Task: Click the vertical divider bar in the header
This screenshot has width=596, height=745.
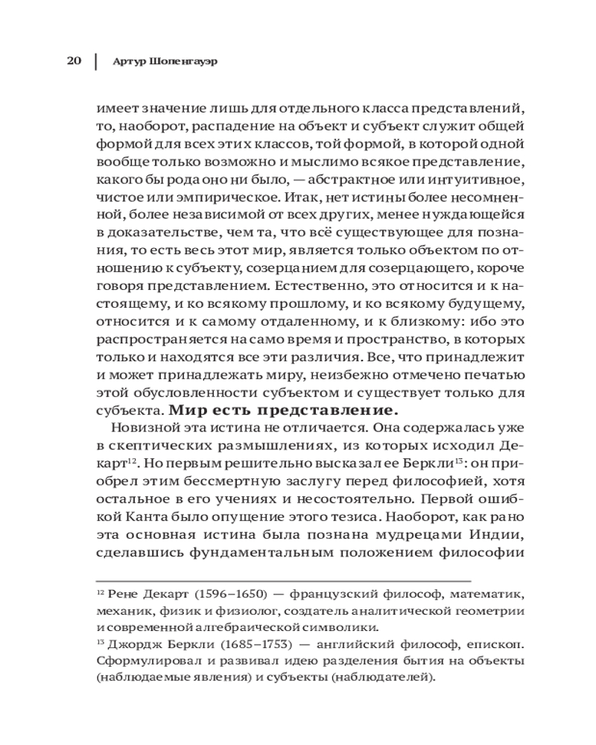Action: tap(95, 60)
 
